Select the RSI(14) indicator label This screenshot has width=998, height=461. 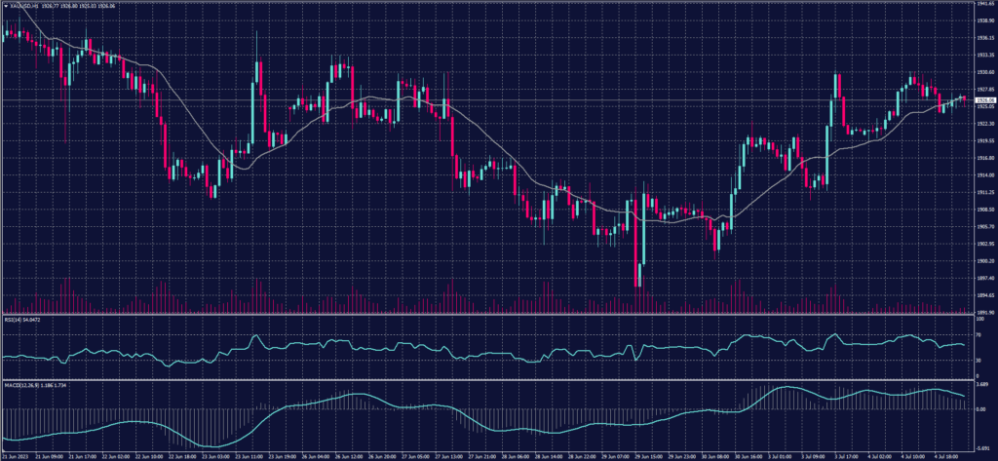click(x=12, y=319)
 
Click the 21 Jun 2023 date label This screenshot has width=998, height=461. click(x=16, y=455)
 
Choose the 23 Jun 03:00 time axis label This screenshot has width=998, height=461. click(x=214, y=455)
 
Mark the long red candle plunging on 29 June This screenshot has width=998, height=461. click(x=640, y=234)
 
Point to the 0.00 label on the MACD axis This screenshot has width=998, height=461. click(x=979, y=408)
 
